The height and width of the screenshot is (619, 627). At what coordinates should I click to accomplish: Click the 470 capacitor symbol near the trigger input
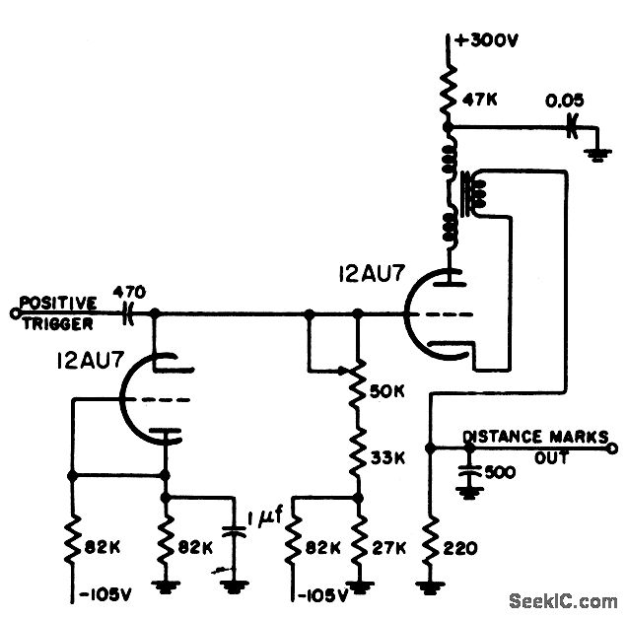pos(129,314)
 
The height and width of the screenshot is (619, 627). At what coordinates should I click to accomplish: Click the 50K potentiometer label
pos(387,390)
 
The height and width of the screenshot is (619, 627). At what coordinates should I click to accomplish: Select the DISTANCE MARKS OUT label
pos(529,443)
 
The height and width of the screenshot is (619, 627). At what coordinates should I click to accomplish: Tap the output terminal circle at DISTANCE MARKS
pos(611,447)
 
